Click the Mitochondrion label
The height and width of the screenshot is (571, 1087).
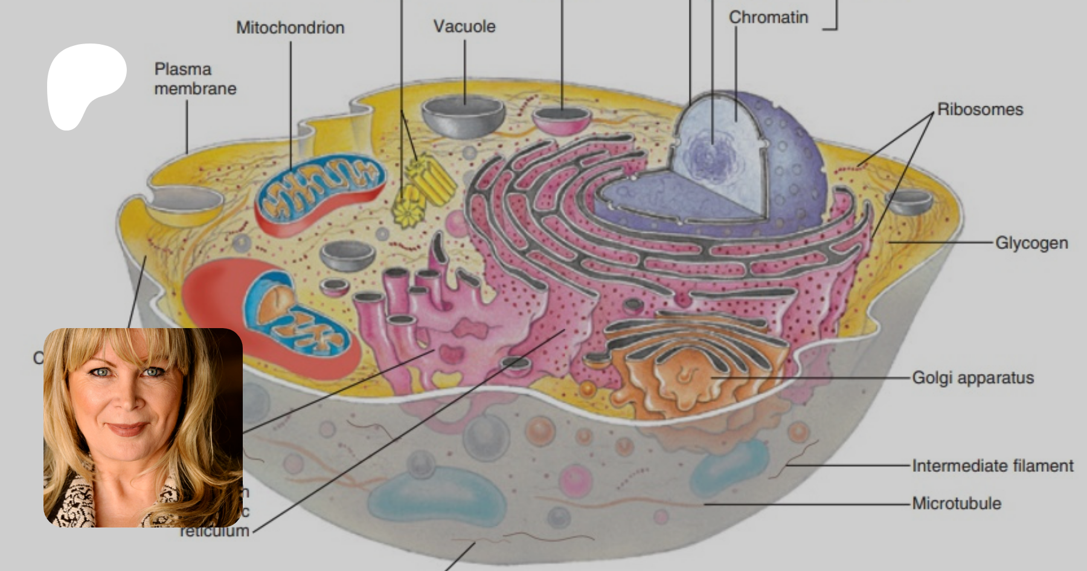coord(290,28)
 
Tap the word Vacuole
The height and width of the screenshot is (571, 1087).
coord(464,27)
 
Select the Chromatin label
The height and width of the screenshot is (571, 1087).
coord(768,18)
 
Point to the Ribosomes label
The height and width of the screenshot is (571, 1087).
coord(980,109)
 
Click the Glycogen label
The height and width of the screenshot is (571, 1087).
coord(1031,243)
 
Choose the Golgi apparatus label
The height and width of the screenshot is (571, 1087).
coord(972,378)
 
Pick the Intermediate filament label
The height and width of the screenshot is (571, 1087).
coord(992,466)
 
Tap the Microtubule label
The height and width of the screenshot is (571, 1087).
coord(956,503)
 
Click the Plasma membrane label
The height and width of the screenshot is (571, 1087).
coord(194,79)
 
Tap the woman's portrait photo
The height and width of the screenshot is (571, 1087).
coord(143,427)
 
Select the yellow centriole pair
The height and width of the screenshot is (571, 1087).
coord(423,187)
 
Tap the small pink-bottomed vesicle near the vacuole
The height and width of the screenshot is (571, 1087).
coord(562,119)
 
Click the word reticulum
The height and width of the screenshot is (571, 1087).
coord(214,531)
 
